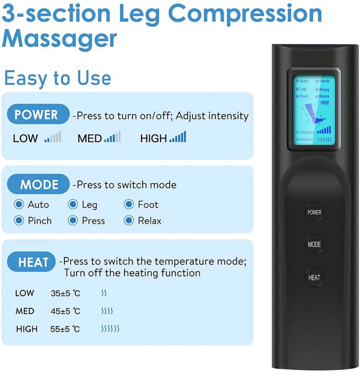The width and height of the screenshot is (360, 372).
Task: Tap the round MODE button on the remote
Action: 314,245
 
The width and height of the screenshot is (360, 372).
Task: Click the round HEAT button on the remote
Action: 314,278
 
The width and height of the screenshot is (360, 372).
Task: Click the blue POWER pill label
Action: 36,115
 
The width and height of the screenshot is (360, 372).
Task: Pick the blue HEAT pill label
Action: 32,261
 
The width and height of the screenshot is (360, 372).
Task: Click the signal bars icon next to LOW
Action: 53,138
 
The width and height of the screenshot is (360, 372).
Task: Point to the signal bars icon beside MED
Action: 112,138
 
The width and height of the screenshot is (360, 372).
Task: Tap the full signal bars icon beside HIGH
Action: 178,138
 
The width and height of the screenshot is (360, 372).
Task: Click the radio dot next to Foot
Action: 129,205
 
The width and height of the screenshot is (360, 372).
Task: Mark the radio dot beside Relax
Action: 129,221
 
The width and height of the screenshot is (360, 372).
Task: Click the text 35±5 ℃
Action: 65,294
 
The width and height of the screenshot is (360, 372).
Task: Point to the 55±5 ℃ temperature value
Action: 65,329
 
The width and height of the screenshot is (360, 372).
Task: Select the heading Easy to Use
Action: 57,78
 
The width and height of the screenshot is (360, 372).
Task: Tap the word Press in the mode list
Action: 93,221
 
